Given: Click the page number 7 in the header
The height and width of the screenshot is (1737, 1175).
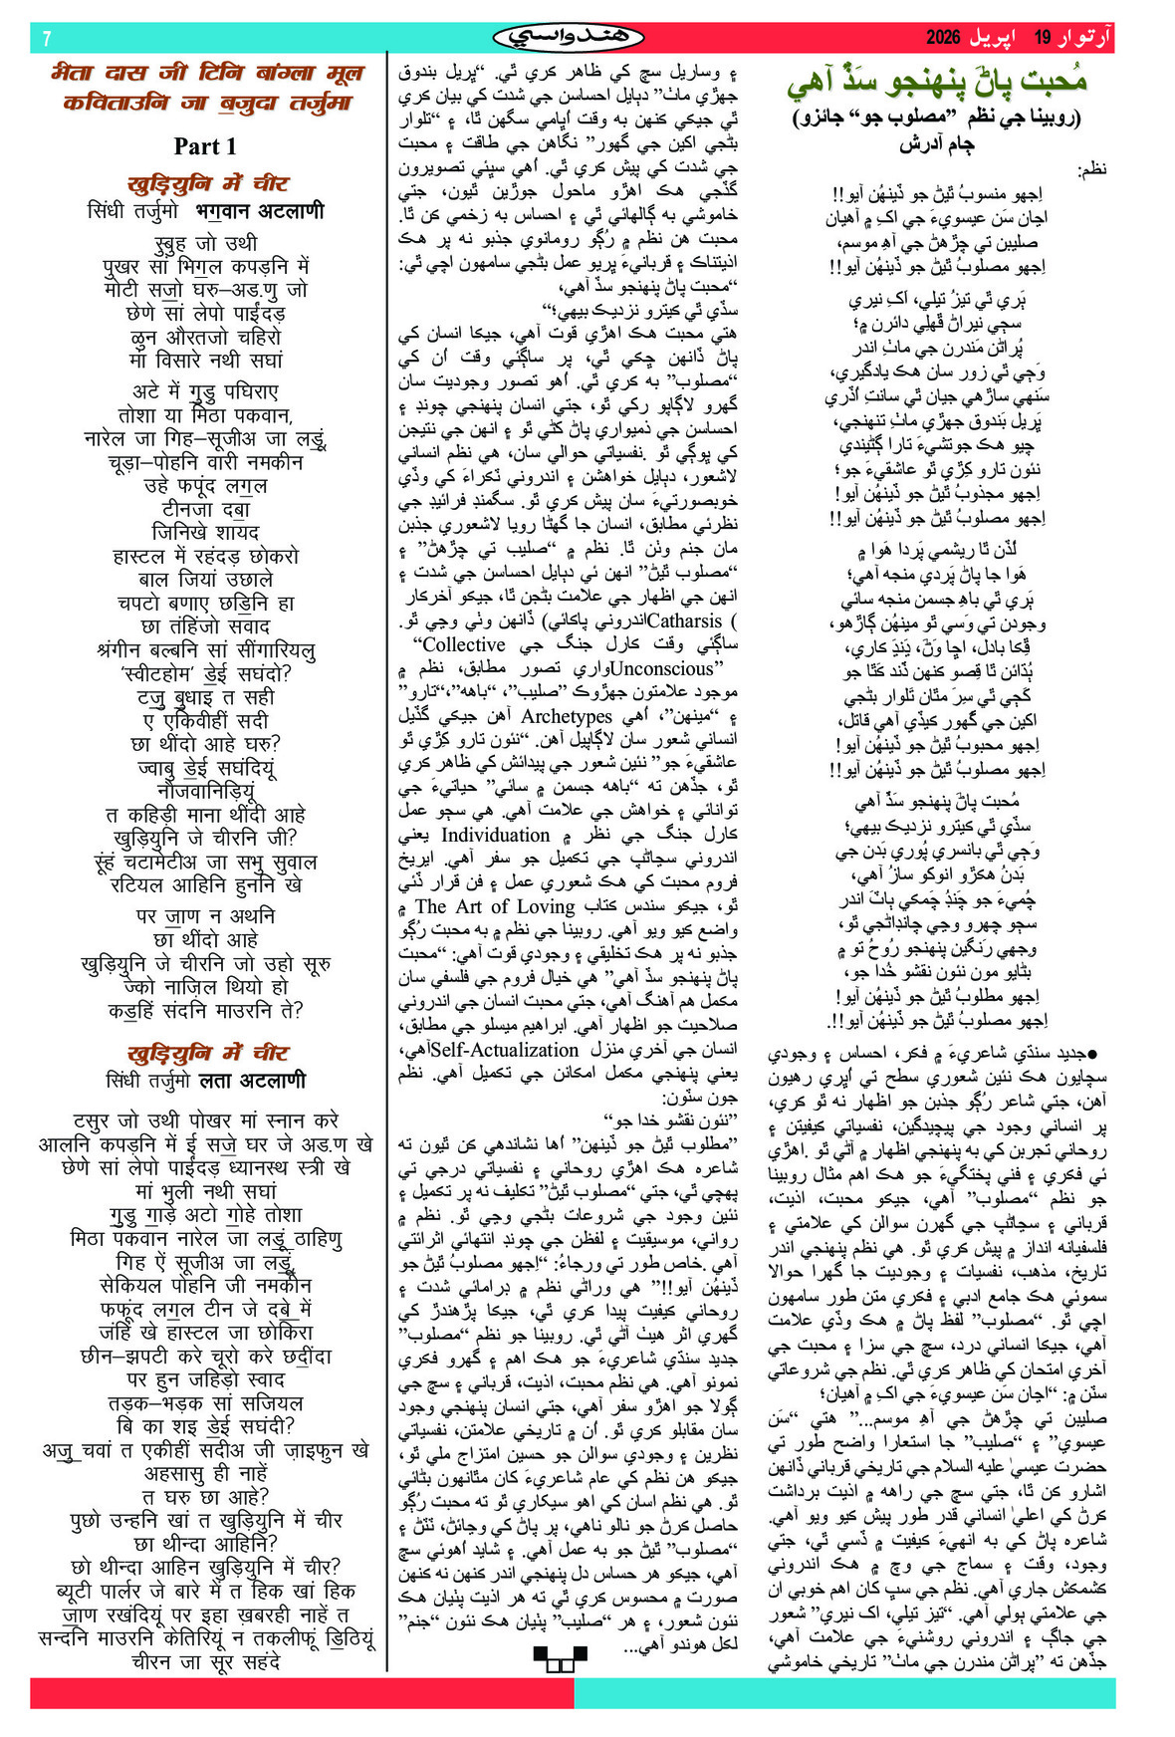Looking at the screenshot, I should (x=47, y=39).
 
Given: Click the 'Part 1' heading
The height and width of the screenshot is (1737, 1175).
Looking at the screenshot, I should (x=205, y=146).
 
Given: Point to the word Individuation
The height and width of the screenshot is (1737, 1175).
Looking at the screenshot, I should (x=495, y=835).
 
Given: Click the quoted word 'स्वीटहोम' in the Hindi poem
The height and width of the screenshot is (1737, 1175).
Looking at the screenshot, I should (x=164, y=673).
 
